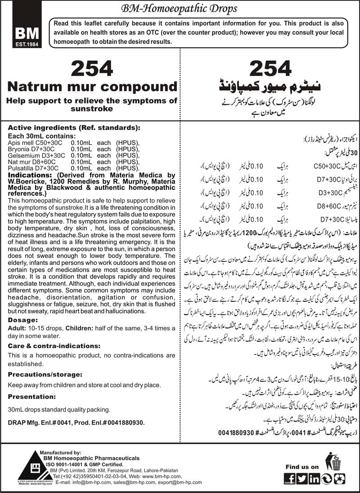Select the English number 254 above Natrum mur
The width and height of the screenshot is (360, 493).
pyautogui.click(x=91, y=69)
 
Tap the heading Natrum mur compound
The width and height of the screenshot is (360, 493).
pyautogui.click(x=91, y=86)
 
